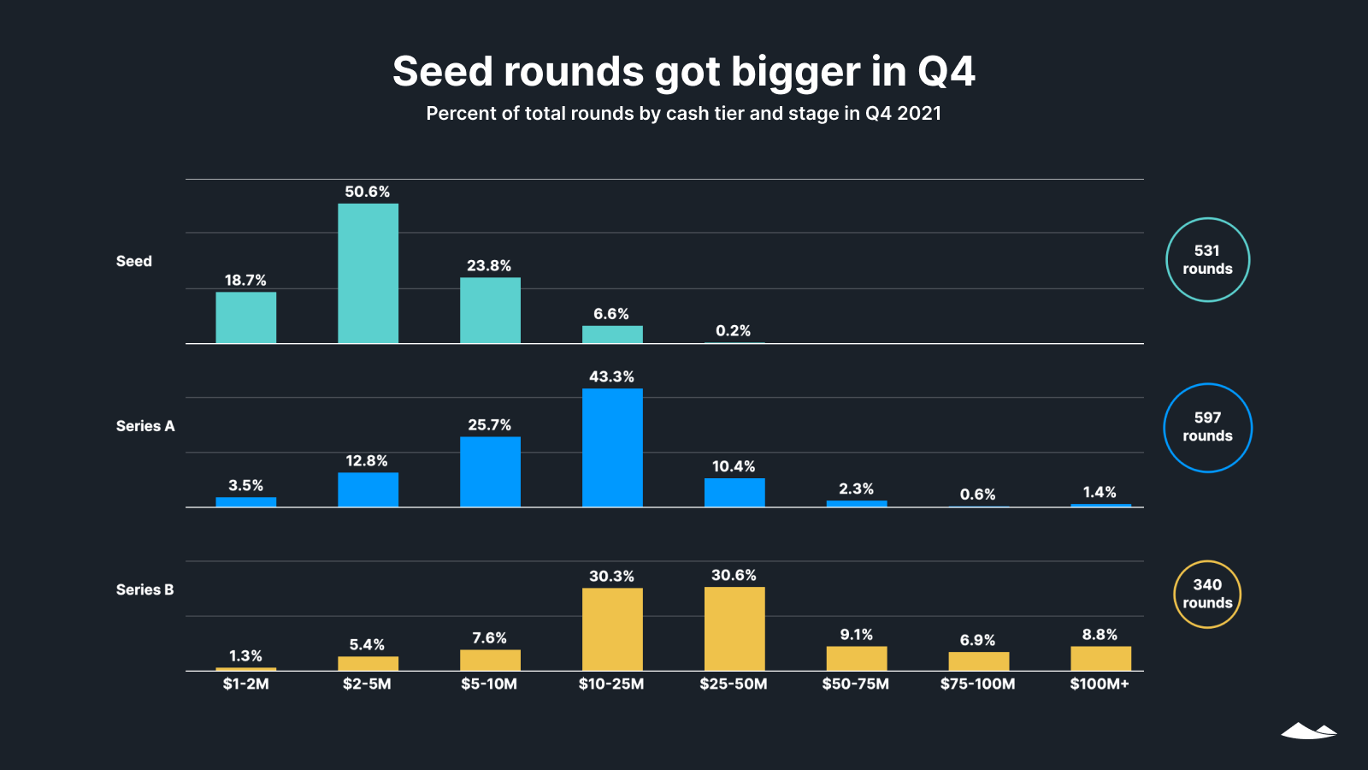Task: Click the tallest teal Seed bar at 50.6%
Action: point(368,274)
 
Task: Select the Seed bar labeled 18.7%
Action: point(245,317)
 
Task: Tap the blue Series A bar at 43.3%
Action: point(612,447)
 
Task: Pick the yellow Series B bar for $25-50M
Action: point(734,629)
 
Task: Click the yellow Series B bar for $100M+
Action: point(1100,658)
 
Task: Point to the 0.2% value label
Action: point(733,330)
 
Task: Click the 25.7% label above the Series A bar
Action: point(489,424)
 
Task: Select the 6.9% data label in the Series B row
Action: point(977,640)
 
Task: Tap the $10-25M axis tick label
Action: point(611,684)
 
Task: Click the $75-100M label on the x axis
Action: point(977,684)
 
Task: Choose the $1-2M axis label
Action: point(245,684)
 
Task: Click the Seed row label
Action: point(134,261)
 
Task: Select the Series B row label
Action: point(144,589)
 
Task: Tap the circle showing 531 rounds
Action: point(1207,259)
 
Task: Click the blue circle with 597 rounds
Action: point(1207,427)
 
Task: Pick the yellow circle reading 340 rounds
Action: point(1207,594)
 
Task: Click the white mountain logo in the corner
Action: point(1308,731)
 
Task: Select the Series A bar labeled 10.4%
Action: point(734,492)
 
